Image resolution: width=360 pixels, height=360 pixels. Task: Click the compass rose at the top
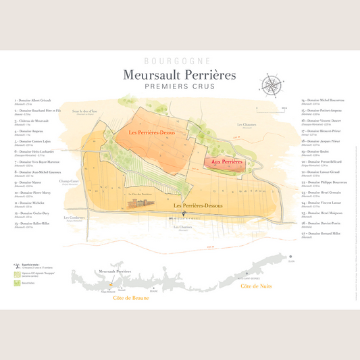(x=273, y=84)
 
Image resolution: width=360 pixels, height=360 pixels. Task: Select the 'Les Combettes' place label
(x=74, y=217)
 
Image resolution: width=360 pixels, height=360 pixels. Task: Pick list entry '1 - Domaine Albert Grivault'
(x=32, y=100)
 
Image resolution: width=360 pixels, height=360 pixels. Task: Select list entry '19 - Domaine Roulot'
(x=317, y=152)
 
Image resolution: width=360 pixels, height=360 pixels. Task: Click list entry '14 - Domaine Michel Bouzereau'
(x=324, y=100)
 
